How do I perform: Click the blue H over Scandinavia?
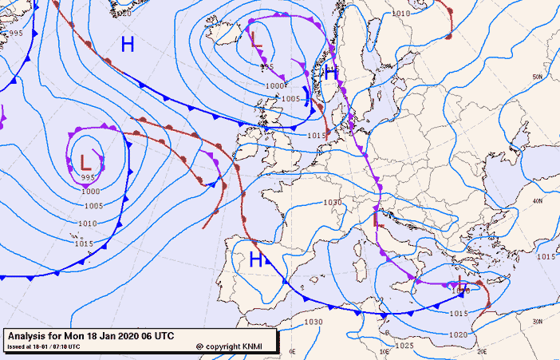(x=331, y=73)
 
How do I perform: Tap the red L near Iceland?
(x=256, y=38)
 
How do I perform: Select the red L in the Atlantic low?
(x=85, y=161)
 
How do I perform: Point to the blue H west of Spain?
(x=256, y=259)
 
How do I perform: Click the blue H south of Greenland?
(x=128, y=44)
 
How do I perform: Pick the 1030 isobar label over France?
(x=333, y=202)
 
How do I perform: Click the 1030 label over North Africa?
(x=313, y=322)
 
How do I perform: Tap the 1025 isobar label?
(x=404, y=346)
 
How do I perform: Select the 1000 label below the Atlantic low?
(x=90, y=192)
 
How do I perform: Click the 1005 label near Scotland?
(x=291, y=98)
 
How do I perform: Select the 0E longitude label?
(x=292, y=351)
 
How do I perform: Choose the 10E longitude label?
(x=384, y=351)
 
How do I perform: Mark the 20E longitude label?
(x=481, y=351)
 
